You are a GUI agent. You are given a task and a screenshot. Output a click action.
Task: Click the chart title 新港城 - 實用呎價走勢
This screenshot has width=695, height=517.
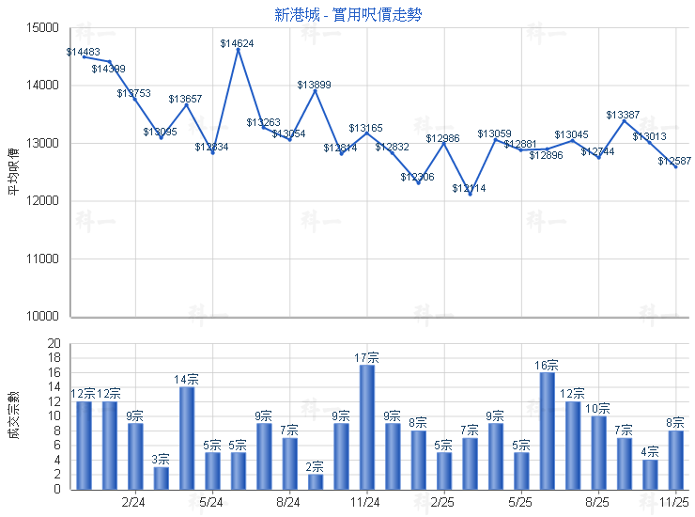[x=343, y=14]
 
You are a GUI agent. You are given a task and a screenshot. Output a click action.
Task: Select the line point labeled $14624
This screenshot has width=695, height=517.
[x=238, y=49]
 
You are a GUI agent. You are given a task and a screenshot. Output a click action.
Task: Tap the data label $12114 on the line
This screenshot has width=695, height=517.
[x=469, y=189]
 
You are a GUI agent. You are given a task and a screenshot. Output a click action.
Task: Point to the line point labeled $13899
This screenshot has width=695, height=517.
[x=316, y=90]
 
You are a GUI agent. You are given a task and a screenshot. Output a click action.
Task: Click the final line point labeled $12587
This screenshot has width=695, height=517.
[x=675, y=166]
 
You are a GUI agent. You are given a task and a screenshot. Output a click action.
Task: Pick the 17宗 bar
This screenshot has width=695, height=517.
[x=367, y=427]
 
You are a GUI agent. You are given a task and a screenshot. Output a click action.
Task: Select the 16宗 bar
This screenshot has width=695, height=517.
[x=547, y=431]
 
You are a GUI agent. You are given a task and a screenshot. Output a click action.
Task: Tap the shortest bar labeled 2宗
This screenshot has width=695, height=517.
[x=316, y=481]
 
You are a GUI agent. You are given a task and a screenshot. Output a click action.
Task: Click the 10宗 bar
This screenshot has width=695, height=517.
[x=598, y=452]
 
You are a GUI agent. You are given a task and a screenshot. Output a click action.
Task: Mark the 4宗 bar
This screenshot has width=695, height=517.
[x=650, y=474]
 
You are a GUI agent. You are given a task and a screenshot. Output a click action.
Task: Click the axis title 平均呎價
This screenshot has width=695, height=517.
[x=13, y=172]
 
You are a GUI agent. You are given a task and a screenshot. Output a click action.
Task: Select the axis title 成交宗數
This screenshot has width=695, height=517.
[x=13, y=416]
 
